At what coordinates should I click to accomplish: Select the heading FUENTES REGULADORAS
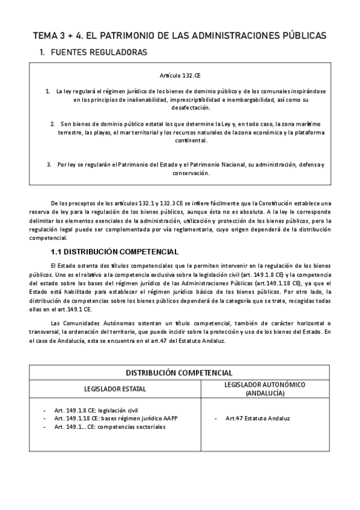tap(99, 53)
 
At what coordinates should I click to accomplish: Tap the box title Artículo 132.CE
tap(180, 78)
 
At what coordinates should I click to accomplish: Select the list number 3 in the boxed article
tap(49, 164)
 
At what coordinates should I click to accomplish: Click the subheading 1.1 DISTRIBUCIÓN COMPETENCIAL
tap(114, 251)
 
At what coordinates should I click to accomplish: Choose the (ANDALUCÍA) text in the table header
tap(264, 393)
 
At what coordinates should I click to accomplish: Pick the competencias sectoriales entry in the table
tap(109, 426)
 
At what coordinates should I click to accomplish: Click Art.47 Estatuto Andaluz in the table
tap(258, 418)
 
